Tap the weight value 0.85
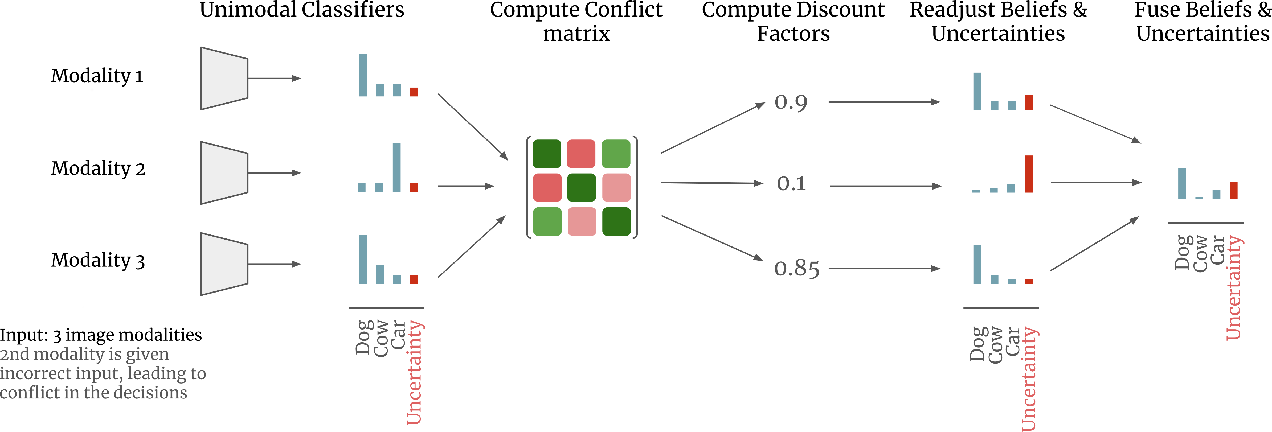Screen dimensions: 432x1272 pyautogui.click(x=796, y=269)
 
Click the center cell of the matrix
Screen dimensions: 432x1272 pyautogui.click(x=582, y=188)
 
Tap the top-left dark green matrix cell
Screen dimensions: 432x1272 pyautogui.click(x=547, y=154)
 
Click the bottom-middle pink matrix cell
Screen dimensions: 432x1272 pyautogui.click(x=582, y=222)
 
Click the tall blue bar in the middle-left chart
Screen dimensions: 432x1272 pyautogui.click(x=396, y=167)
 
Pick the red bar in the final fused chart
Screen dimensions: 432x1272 pyautogui.click(x=1233, y=190)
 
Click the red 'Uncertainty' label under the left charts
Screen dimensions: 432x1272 pyautogui.click(x=415, y=373)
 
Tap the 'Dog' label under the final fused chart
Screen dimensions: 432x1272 pyautogui.click(x=1182, y=253)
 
